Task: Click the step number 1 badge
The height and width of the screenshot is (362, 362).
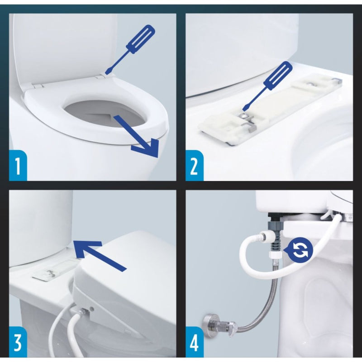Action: pos(18,165)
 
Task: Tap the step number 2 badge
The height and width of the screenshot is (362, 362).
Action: pos(195,165)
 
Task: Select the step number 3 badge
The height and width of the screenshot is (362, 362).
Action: pos(18,342)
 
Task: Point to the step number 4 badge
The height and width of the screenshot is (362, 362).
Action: pos(195,342)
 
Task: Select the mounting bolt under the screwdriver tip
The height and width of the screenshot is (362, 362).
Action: pos(244,115)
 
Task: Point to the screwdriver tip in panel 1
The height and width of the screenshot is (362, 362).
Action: pos(107,73)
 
